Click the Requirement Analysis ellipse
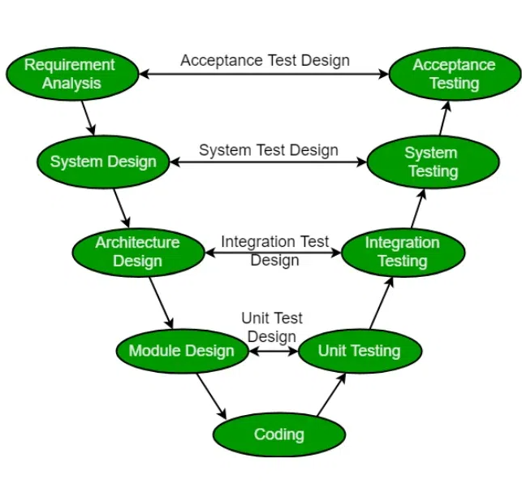[71, 74]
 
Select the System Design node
[103, 162]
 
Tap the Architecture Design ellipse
[138, 252]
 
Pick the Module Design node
[182, 351]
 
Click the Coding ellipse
[279, 434]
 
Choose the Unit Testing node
[360, 351]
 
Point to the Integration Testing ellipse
[403, 252]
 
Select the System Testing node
[432, 162]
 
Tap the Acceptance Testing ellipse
[454, 74]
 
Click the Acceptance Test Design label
[265, 60]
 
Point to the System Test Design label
[269, 150]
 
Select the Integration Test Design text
[275, 251]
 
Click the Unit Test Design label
[272, 328]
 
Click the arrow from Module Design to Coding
[210, 396]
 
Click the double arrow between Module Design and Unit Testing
[272, 352]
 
